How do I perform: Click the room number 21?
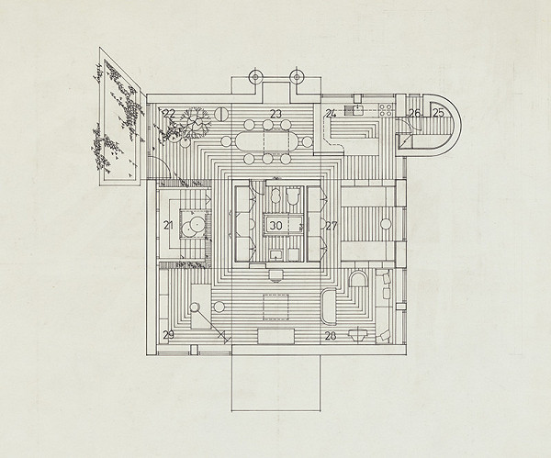pyautogui.click(x=169, y=226)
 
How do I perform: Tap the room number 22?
pyautogui.click(x=169, y=113)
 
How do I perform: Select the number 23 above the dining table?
pyautogui.click(x=275, y=114)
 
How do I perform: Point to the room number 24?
pyautogui.click(x=331, y=114)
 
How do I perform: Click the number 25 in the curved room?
pyautogui.click(x=438, y=113)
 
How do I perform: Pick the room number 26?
pyautogui.click(x=415, y=113)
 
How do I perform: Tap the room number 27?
pyautogui.click(x=332, y=226)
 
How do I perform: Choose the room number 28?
pyautogui.click(x=331, y=336)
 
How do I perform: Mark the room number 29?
pyautogui.click(x=169, y=335)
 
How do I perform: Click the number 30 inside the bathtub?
pyautogui.click(x=275, y=226)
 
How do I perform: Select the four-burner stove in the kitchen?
pyautogui.click(x=386, y=110)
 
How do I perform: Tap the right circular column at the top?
pyautogui.click(x=297, y=76)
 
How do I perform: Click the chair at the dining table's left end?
pyautogui.click(x=226, y=141)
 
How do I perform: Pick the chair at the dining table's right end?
pyautogui.click(x=307, y=141)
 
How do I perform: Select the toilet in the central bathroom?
pyautogui.click(x=292, y=195)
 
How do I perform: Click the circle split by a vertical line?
pyautogui.click(x=221, y=114)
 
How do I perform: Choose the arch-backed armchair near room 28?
pyautogui.click(x=358, y=279)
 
